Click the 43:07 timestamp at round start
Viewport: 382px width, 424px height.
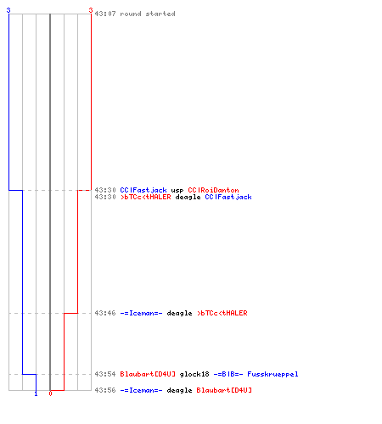click(x=105, y=14)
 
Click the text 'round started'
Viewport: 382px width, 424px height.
click(x=148, y=14)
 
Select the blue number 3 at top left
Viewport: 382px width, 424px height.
click(x=8, y=10)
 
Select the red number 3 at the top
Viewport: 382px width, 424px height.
click(x=91, y=10)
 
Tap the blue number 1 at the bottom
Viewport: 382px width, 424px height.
click(x=36, y=393)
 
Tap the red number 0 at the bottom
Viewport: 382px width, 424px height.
click(x=50, y=393)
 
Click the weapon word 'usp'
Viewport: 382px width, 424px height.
click(x=177, y=191)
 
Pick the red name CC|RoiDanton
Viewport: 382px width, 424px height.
click(x=213, y=190)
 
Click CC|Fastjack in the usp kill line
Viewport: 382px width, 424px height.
click(x=143, y=190)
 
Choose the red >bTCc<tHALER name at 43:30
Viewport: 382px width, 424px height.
click(x=145, y=197)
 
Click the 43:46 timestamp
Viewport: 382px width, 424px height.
click(x=105, y=313)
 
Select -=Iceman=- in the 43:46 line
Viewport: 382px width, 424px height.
click(x=141, y=313)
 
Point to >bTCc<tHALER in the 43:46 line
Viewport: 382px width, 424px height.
click(x=222, y=313)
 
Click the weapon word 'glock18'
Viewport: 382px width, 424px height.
click(x=194, y=374)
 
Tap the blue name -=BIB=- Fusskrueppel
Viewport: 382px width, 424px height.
click(x=256, y=374)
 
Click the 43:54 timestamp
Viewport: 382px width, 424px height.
click(x=105, y=374)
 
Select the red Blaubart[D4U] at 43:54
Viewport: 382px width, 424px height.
click(x=148, y=374)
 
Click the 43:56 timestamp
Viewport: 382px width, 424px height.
click(x=105, y=390)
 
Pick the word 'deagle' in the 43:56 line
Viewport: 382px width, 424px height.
click(x=179, y=390)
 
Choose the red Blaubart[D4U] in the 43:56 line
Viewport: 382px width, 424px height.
click(x=224, y=390)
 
